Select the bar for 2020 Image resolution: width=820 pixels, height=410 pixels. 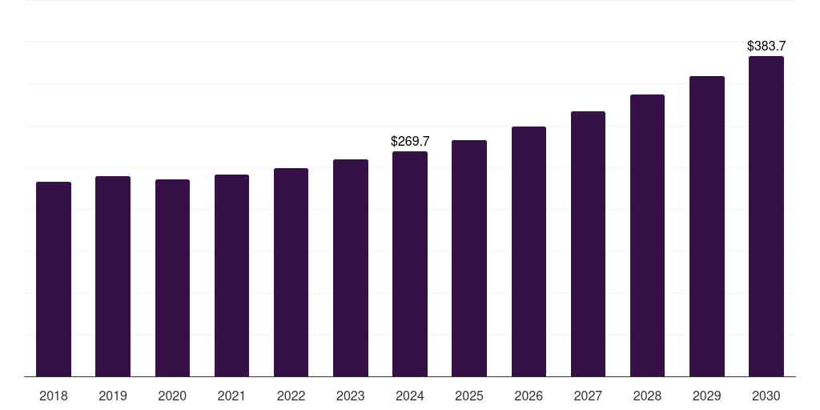point(172,278)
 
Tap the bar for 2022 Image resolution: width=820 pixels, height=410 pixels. point(291,272)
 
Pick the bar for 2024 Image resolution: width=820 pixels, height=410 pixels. point(410,263)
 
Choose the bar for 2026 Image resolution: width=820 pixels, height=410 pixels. point(529,251)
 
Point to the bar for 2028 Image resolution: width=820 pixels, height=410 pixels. point(647,235)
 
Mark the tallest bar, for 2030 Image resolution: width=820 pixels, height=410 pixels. point(766,216)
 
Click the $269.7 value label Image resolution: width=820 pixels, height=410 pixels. point(410,141)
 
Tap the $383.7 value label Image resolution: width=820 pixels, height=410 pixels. point(766,46)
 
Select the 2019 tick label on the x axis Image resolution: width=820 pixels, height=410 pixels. point(113,396)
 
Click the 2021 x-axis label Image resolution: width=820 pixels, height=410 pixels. point(231,396)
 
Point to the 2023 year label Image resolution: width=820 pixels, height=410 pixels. point(351,396)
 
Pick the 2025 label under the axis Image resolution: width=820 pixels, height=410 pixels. point(469,396)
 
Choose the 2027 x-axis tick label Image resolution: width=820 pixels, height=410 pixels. point(588,396)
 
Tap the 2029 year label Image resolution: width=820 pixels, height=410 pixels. point(707,396)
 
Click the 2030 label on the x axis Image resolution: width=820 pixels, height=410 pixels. point(766,396)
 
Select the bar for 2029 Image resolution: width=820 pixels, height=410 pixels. point(707,226)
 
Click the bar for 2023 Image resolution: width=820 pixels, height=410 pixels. point(351,267)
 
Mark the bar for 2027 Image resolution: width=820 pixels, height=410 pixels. point(588,243)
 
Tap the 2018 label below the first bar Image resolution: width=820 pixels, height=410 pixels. point(54,396)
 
